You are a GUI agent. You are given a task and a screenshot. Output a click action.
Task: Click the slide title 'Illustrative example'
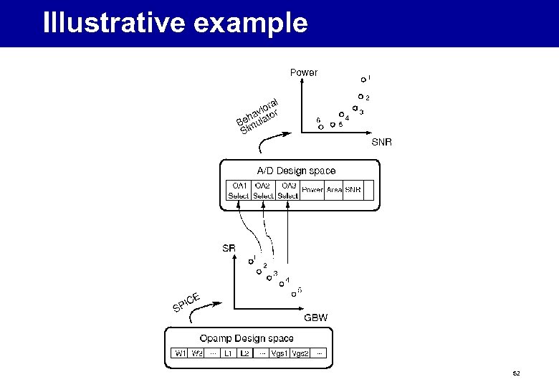click(x=175, y=24)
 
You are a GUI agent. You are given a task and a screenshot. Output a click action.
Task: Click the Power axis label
click(x=303, y=72)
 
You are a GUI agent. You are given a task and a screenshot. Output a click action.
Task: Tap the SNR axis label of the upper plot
click(x=381, y=142)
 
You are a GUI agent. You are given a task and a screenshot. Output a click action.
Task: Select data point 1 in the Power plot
click(x=363, y=80)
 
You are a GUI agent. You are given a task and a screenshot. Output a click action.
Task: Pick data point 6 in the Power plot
click(x=321, y=127)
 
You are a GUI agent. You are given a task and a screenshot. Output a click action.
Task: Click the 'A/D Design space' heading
click(x=296, y=171)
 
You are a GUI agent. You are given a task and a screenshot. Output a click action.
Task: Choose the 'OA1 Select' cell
click(x=238, y=190)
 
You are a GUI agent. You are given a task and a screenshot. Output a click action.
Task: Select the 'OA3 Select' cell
click(x=288, y=190)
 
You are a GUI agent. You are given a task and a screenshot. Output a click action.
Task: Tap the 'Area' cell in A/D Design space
click(x=334, y=190)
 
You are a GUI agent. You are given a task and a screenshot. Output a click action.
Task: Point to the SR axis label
click(x=229, y=249)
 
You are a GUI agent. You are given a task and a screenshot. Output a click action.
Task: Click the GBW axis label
click(x=316, y=317)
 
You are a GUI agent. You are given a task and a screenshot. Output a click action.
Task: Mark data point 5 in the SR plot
click(x=294, y=294)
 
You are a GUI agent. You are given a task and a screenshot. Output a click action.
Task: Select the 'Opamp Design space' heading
click(x=247, y=338)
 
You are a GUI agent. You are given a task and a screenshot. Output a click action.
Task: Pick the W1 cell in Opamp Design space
click(x=181, y=353)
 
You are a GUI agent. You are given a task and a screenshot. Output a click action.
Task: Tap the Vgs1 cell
click(x=280, y=353)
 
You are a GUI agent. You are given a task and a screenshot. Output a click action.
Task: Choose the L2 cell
click(x=244, y=353)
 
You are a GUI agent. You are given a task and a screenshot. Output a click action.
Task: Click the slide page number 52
click(x=516, y=374)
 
